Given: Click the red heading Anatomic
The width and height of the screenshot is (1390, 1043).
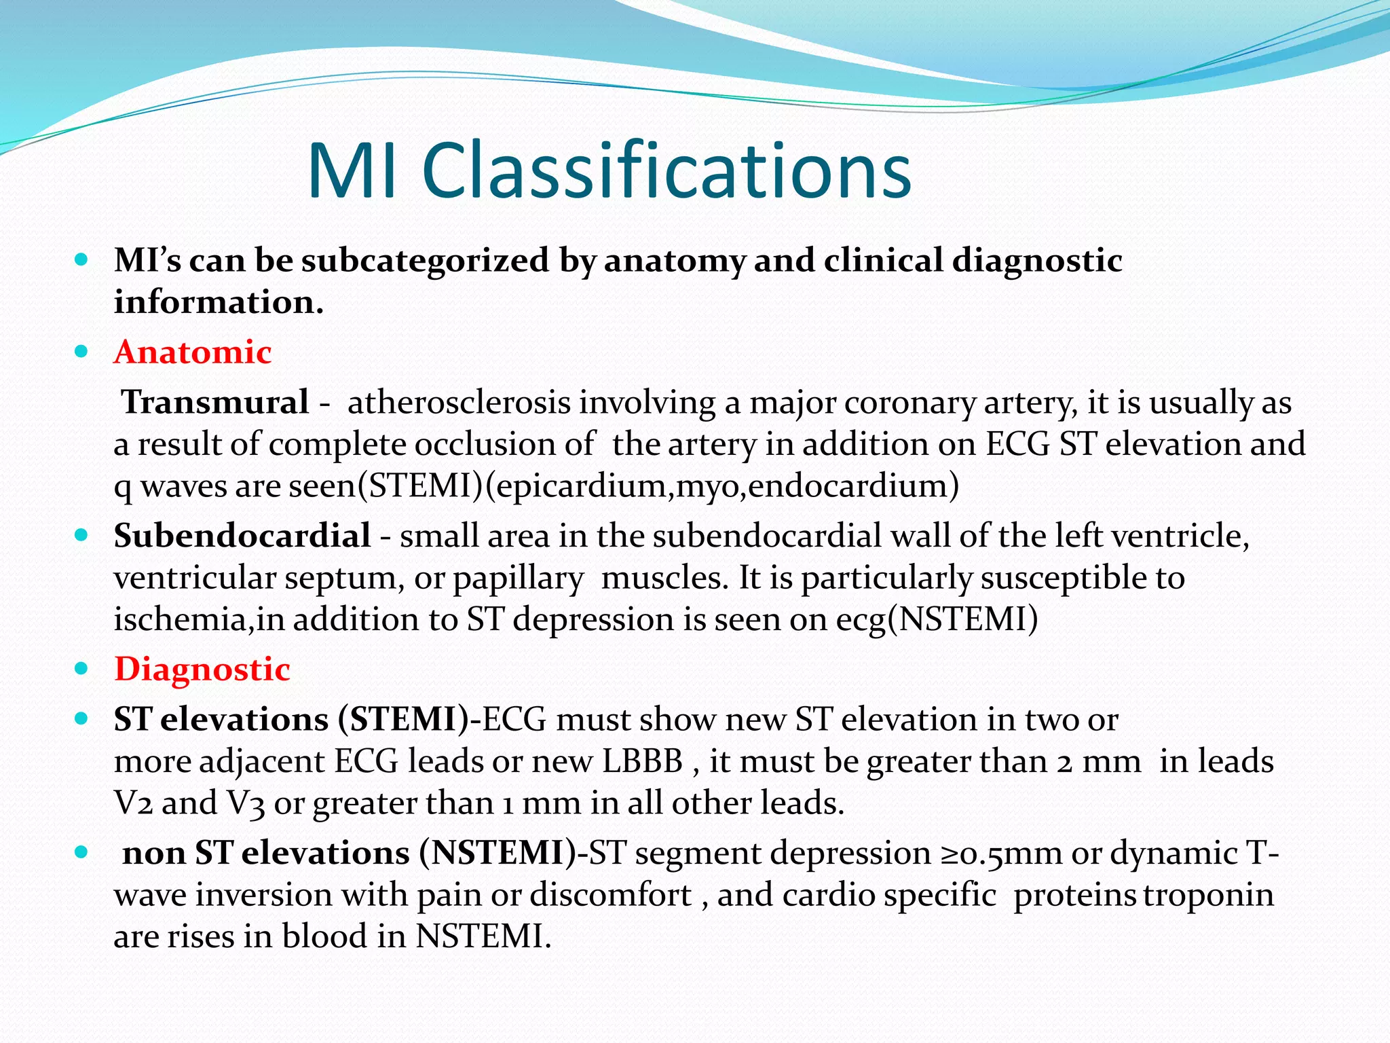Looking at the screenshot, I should [193, 352].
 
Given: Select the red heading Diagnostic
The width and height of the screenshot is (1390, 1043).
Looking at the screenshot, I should [202, 670].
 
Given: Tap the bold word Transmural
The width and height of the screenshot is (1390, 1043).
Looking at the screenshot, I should [214, 402].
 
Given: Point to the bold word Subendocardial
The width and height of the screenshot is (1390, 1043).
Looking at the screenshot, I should [242, 536].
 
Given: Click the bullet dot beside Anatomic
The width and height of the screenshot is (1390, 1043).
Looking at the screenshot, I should [81, 352].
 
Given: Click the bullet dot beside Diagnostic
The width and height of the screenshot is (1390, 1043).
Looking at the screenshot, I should [81, 669].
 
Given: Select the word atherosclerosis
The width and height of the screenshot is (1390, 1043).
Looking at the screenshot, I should [459, 402].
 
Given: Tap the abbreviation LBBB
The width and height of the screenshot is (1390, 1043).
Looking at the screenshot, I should [642, 761].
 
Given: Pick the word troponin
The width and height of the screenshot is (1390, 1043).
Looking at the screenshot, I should [1209, 895].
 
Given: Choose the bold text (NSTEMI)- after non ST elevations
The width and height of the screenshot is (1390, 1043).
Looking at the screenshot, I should [503, 854].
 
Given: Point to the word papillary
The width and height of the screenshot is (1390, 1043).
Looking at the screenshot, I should [518, 579].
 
